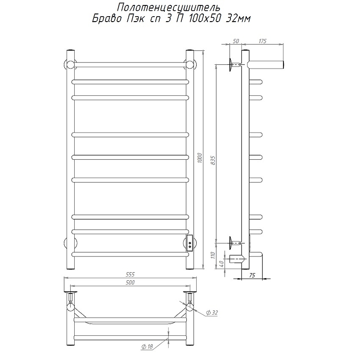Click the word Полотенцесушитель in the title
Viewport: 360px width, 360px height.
(168, 8)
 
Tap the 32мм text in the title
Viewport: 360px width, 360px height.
(238, 18)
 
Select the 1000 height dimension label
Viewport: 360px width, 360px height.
(200, 158)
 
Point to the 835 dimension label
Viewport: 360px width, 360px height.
(213, 161)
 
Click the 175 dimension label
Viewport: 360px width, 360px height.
(262, 41)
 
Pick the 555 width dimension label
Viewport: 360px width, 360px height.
(130, 274)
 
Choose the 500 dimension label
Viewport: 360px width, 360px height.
(130, 283)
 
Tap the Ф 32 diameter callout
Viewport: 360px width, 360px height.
(211, 312)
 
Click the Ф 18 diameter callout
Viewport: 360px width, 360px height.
(147, 346)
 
